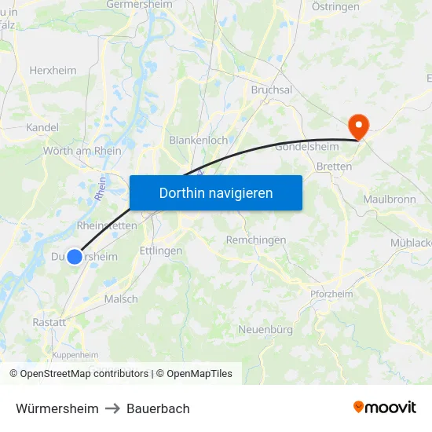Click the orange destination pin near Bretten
coord(358,126)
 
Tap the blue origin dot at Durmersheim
coord(75,256)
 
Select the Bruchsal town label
coord(271,90)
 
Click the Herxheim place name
coord(53,70)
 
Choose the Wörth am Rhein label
coord(82,151)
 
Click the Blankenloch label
coord(198,140)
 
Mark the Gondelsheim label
coord(307,147)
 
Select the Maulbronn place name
coord(389,200)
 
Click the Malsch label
coord(120,298)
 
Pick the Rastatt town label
coord(49,322)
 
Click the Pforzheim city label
coord(331,294)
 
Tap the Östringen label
coord(335,6)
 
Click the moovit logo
coord(384,408)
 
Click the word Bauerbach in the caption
coord(158,408)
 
